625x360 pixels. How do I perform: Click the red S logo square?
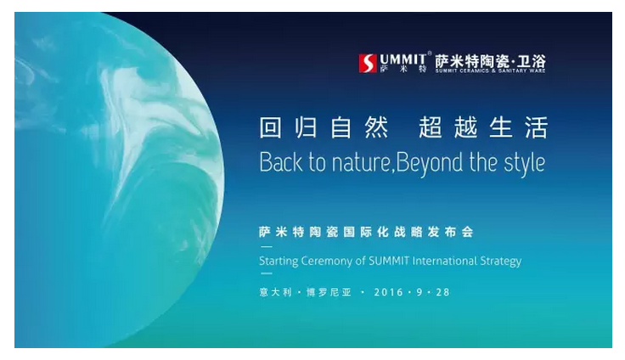point(368,64)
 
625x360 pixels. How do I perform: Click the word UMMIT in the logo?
point(403,59)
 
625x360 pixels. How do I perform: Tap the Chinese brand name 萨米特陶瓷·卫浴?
point(490,61)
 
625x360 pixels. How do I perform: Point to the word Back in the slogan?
point(280,162)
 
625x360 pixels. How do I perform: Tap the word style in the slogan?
point(525,163)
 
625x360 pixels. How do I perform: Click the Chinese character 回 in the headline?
point(271,127)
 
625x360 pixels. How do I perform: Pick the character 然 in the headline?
point(376,127)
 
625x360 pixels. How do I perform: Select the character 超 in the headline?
point(430,127)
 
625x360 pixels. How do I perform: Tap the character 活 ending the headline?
point(537,127)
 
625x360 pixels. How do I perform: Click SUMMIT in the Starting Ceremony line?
point(389,261)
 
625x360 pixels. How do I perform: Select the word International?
point(444,261)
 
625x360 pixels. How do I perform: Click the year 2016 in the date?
point(389,292)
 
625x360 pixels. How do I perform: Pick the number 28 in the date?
point(442,292)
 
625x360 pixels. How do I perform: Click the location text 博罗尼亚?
point(329,292)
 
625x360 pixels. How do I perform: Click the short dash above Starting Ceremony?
point(266,247)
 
